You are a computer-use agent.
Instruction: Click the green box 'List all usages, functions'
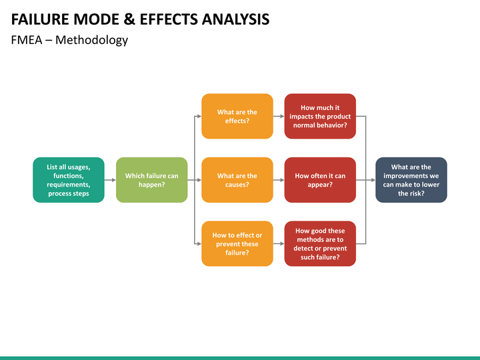(69, 180)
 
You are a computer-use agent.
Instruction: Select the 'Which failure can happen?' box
(152, 180)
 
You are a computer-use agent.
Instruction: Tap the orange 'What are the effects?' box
(237, 116)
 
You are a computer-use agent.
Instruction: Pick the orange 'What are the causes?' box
(237, 180)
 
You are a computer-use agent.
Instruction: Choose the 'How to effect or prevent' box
(237, 243)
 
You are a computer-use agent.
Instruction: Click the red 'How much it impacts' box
(320, 116)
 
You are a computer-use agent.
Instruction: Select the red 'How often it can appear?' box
(320, 180)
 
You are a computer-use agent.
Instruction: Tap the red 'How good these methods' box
(320, 243)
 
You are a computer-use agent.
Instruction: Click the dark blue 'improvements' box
(411, 180)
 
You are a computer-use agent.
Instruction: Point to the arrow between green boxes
(111, 180)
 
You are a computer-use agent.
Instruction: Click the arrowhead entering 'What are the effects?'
(198, 116)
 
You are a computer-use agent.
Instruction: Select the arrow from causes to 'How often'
(279, 180)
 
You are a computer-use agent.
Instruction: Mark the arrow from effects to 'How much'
(279, 116)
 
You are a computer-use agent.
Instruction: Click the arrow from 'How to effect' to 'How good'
(279, 243)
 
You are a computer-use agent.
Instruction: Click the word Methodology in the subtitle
(91, 40)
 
